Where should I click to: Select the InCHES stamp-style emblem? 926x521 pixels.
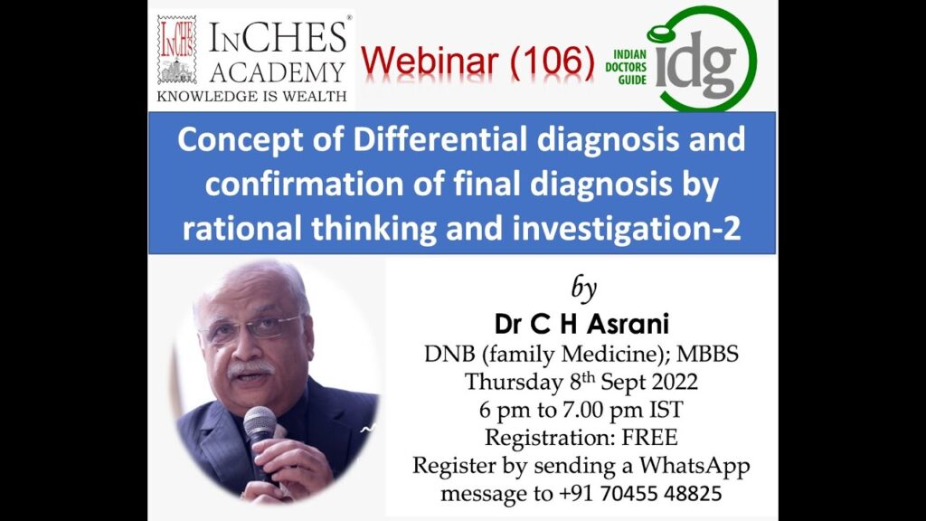176,50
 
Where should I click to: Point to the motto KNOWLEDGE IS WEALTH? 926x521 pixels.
251,96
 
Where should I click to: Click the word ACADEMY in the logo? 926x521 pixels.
277,72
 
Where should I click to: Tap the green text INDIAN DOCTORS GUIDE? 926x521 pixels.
626,67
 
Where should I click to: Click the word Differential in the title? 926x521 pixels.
439,139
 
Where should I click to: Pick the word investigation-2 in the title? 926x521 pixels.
627,229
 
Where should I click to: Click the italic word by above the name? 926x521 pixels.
583,289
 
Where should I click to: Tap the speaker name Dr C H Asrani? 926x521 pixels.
581,324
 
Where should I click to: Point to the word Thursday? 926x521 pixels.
514,383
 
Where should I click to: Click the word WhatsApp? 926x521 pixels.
694,466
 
